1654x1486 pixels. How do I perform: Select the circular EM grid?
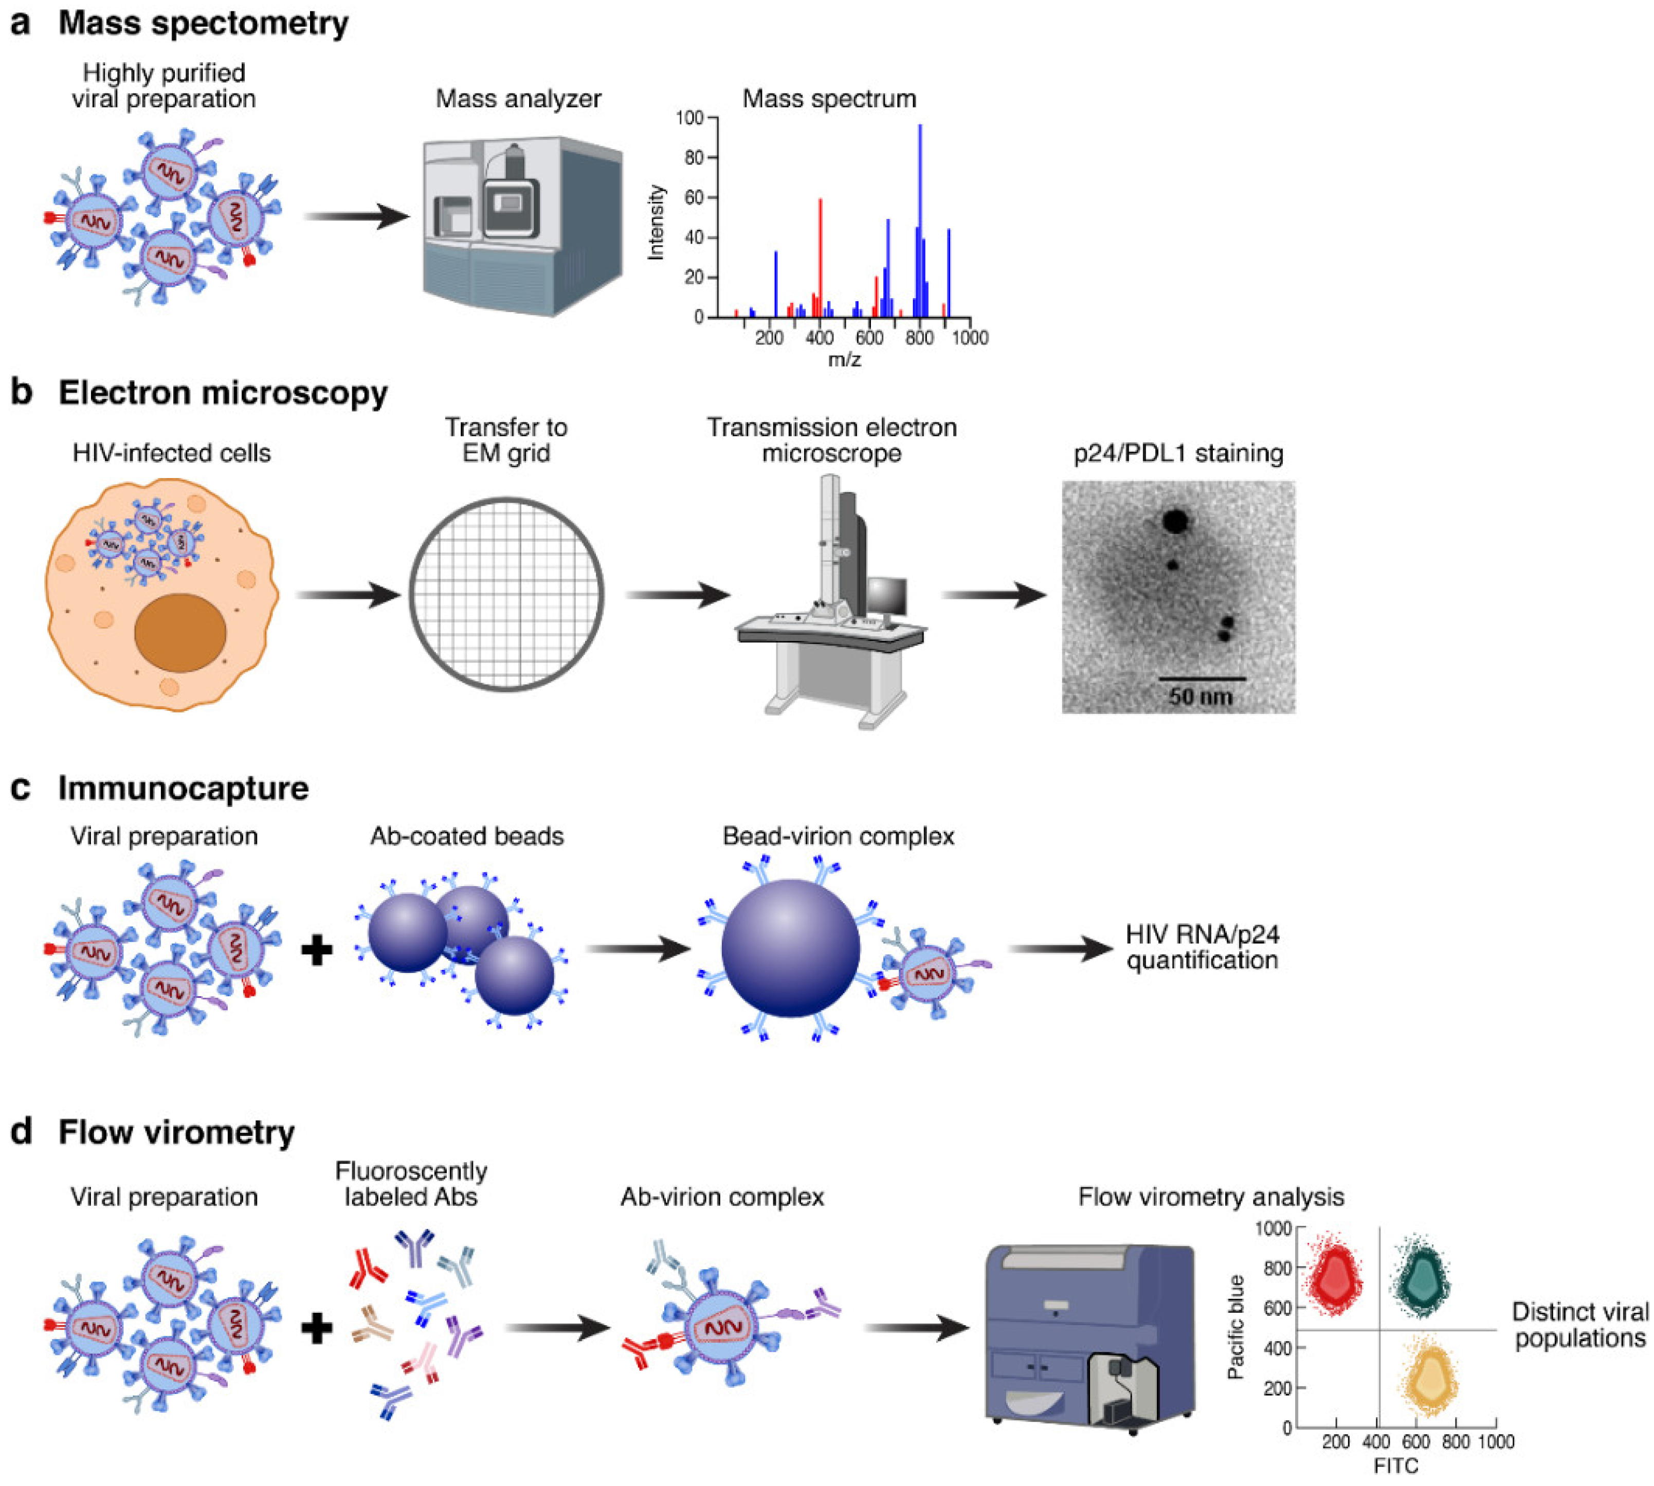click(x=506, y=594)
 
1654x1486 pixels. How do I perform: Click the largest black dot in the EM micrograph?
click(x=1174, y=521)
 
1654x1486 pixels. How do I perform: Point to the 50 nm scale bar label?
click(x=1200, y=696)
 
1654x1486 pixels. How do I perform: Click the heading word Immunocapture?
click(x=183, y=788)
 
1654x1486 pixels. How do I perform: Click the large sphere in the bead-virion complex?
click(x=790, y=947)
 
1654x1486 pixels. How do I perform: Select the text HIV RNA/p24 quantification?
click(x=1202, y=947)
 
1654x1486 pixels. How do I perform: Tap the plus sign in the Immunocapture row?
click(x=317, y=950)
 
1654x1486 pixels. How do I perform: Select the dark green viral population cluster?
click(x=1422, y=1275)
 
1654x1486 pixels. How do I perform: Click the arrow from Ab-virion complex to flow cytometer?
click(x=915, y=1328)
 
